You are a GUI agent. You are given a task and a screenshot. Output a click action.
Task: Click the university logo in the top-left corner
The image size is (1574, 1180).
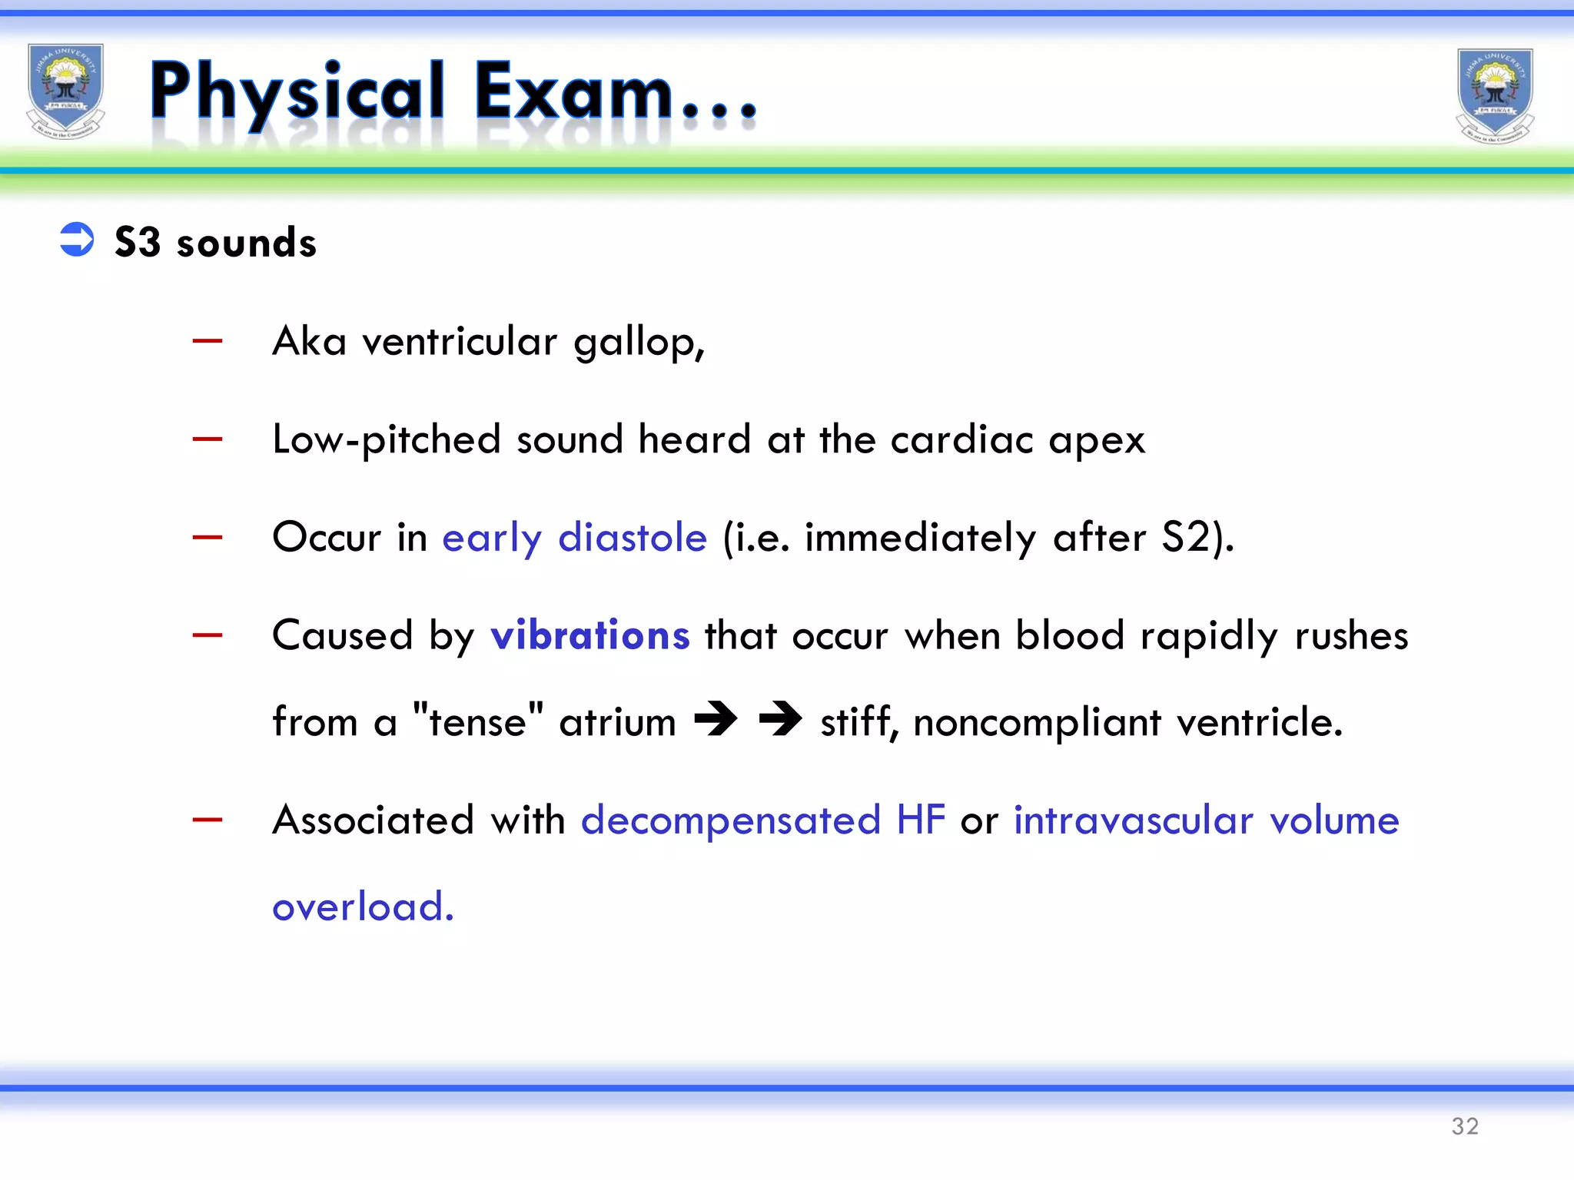click(65, 91)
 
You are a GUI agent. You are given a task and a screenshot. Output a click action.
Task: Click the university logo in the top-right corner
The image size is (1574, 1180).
click(1495, 95)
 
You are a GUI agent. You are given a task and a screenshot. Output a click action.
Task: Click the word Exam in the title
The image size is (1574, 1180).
click(573, 92)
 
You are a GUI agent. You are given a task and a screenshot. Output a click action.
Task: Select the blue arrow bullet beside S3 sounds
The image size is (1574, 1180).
click(77, 240)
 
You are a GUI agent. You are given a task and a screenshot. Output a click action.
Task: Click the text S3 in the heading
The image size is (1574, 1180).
click(138, 242)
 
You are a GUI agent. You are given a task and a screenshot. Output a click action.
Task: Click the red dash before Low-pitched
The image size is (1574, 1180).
click(208, 439)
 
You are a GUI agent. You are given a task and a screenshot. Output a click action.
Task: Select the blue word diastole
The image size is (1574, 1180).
click(632, 538)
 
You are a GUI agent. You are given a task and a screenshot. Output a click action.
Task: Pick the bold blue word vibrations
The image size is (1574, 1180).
click(589, 636)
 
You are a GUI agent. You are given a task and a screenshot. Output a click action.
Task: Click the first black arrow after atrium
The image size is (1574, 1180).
click(716, 720)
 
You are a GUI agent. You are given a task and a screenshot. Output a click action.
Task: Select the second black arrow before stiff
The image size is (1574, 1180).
click(780, 720)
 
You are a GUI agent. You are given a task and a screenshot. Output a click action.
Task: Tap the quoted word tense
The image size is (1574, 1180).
click(477, 722)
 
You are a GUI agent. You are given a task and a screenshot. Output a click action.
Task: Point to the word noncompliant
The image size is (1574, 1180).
click(1037, 722)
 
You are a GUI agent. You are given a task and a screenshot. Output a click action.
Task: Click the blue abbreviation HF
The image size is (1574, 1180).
click(920, 820)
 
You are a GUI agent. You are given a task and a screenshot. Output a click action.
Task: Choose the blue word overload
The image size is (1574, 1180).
click(362, 907)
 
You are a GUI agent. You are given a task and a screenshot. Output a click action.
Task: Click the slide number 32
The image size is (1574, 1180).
click(1465, 1126)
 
